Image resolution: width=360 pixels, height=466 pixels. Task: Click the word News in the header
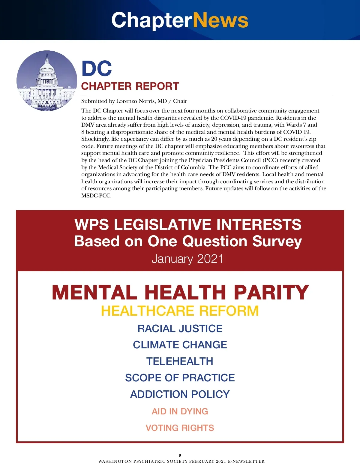(x=220, y=20)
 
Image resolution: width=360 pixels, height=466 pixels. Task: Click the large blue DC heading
(x=97, y=68)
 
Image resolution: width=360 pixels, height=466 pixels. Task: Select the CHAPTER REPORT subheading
(x=130, y=86)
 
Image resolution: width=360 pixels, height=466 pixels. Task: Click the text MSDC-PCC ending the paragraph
(x=96, y=196)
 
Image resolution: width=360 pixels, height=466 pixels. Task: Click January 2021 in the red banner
(x=187, y=259)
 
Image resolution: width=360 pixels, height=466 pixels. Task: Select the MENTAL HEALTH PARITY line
(x=180, y=292)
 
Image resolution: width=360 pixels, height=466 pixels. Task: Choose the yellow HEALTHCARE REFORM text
(x=180, y=311)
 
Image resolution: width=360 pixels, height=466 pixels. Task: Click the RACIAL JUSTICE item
(x=180, y=329)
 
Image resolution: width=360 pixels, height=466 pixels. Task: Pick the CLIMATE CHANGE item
(x=180, y=345)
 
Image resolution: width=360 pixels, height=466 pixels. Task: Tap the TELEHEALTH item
(x=180, y=361)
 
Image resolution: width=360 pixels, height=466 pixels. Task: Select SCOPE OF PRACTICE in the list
(x=180, y=378)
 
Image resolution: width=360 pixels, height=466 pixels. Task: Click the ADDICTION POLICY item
(x=180, y=394)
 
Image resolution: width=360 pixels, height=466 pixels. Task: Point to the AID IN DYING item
(x=180, y=411)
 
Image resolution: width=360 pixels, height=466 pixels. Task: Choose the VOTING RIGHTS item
(x=180, y=428)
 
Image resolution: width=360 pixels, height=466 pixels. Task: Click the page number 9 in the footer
(x=180, y=455)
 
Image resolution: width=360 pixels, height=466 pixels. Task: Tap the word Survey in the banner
(x=277, y=242)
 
